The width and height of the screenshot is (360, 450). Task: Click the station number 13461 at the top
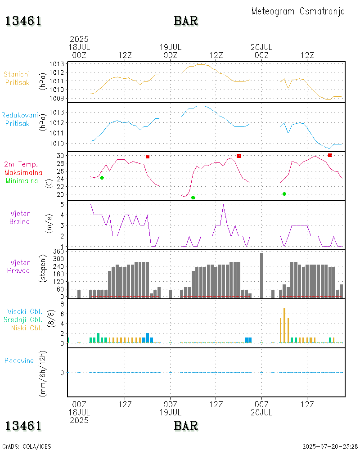coord(23,21)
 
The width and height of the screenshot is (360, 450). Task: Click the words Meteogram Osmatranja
coord(298,11)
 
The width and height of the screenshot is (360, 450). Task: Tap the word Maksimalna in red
coord(23,173)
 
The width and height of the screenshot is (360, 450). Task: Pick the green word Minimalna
coord(22,181)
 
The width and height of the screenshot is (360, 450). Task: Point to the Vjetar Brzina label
coord(20,217)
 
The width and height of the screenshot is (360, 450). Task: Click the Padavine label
coord(19,360)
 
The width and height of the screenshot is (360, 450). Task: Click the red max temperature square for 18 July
coord(148,157)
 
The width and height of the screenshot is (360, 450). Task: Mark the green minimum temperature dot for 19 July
coord(193,198)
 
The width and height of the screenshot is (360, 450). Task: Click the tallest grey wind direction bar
coord(261,275)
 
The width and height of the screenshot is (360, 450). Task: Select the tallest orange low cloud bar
coord(284,325)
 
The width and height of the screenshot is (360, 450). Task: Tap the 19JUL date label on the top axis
coord(171,47)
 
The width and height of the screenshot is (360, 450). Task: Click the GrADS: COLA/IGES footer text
coord(27,446)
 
